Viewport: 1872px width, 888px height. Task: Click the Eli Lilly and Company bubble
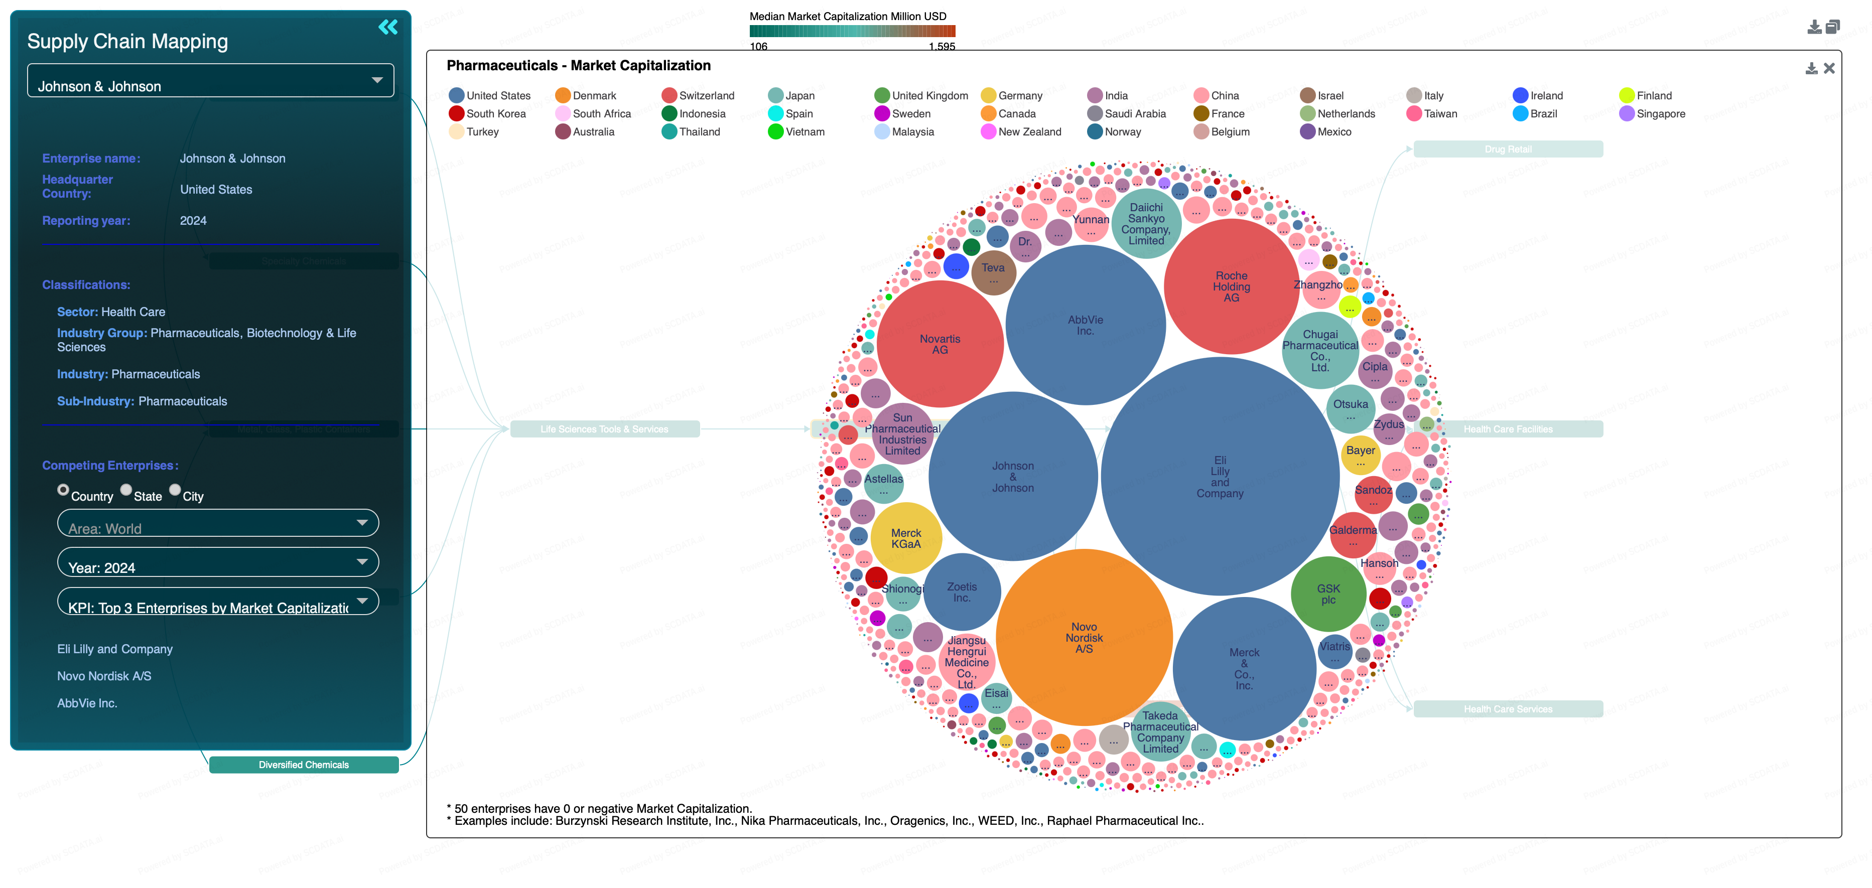pyautogui.click(x=1220, y=477)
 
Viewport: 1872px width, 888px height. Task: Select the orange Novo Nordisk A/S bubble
pyautogui.click(x=1084, y=637)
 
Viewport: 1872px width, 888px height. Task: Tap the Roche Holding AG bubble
pyautogui.click(x=1231, y=286)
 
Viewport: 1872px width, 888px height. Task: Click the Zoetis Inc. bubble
pyautogui.click(x=962, y=592)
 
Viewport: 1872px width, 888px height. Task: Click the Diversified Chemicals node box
pyautogui.click(x=304, y=765)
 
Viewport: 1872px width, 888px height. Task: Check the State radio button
pyautogui.click(x=126, y=490)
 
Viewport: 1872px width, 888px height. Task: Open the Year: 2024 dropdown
pyautogui.click(x=217, y=562)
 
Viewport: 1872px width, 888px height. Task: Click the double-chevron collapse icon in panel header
pyautogui.click(x=388, y=28)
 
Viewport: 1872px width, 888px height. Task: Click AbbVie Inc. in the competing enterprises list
pyautogui.click(x=87, y=703)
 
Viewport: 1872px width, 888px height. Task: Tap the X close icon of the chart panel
pyautogui.click(x=1829, y=68)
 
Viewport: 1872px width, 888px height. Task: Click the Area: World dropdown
pyautogui.click(x=217, y=523)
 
